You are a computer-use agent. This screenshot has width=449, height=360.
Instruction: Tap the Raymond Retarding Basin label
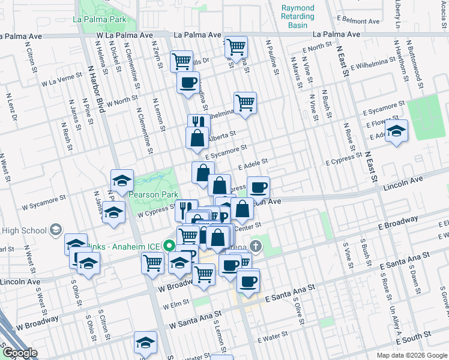click(x=298, y=16)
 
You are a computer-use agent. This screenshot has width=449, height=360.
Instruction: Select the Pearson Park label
click(x=150, y=194)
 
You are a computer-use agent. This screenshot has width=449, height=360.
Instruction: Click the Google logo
click(x=20, y=353)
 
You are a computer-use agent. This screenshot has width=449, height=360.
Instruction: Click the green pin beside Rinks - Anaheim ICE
click(x=169, y=245)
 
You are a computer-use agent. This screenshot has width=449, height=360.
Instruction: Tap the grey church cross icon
click(x=256, y=245)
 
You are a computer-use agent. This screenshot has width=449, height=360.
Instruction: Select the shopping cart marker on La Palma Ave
click(x=236, y=46)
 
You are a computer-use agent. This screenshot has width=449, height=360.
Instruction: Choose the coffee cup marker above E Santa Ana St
click(x=248, y=281)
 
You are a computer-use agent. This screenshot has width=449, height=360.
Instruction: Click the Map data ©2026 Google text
click(x=411, y=355)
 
